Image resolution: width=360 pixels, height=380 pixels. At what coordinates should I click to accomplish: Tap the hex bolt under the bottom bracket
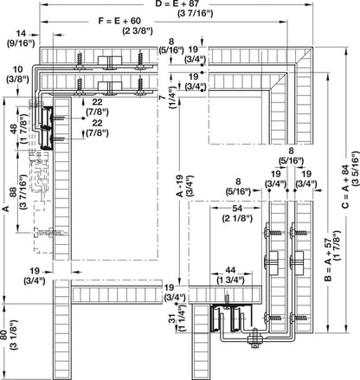click(x=254, y=350)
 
